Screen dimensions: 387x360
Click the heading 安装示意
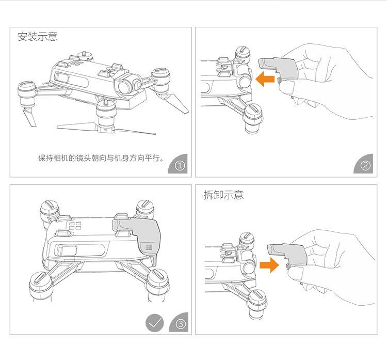[38, 37]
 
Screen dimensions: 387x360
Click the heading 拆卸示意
[223, 195]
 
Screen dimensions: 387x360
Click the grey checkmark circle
[154, 323]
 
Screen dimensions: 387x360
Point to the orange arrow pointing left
[265, 79]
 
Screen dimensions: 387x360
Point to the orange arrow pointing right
[269, 265]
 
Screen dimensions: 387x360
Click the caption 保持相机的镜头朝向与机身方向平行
[101, 158]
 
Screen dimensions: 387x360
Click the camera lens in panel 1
[126, 86]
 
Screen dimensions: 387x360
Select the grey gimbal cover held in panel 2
[279, 69]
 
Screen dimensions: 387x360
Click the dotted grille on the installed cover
[149, 247]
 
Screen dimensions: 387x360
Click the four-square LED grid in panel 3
[75, 226]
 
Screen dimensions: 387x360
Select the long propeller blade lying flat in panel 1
[106, 129]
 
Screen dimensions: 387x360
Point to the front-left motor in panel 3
[40, 285]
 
